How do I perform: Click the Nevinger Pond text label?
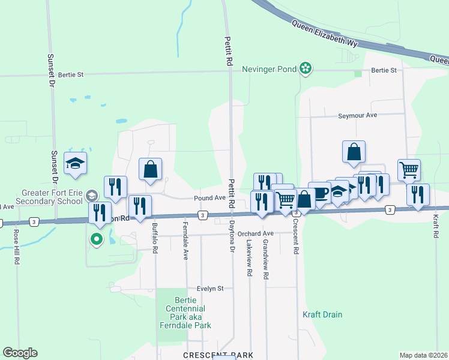pyautogui.click(x=269, y=69)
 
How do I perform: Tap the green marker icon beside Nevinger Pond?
pyautogui.click(x=306, y=68)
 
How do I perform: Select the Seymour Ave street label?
pyautogui.click(x=357, y=115)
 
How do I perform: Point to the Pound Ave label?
pyautogui.click(x=209, y=198)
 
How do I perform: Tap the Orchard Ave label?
pyautogui.click(x=255, y=233)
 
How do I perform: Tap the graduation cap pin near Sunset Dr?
pyautogui.click(x=76, y=163)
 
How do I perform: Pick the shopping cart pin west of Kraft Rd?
pyautogui.click(x=409, y=169)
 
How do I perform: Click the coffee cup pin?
pyautogui.click(x=319, y=193)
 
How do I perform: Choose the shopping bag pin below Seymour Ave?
pyautogui.click(x=354, y=152)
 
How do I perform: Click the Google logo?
pyautogui.click(x=20, y=353)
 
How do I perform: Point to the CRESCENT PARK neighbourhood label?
pyautogui.click(x=218, y=355)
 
